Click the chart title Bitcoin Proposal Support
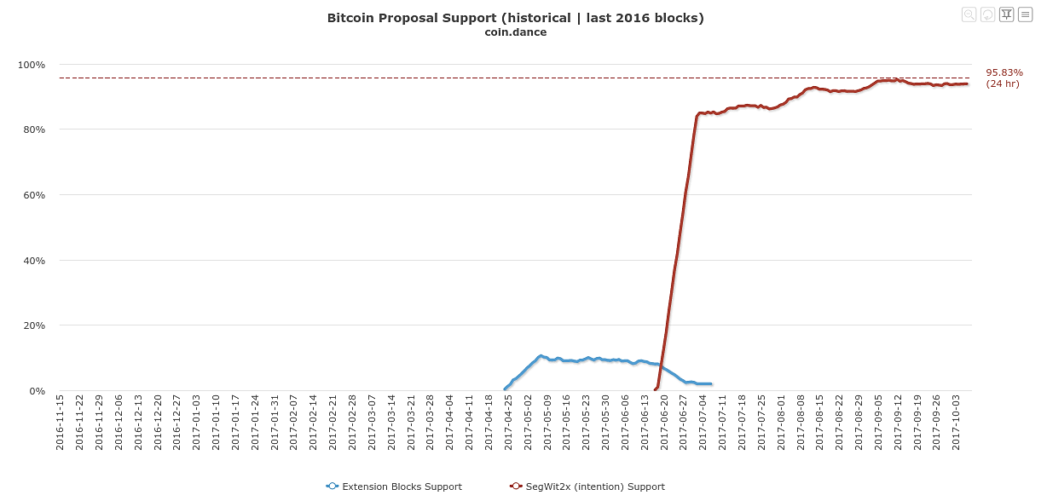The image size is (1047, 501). pyautogui.click(x=515, y=18)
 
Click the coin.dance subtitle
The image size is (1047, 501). pyautogui.click(x=515, y=32)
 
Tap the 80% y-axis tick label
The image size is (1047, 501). pyautogui.click(x=33, y=130)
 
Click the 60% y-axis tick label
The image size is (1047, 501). pyautogui.click(x=33, y=195)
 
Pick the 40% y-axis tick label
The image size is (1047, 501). pyautogui.click(x=33, y=261)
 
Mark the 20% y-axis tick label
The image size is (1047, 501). pyautogui.click(x=33, y=325)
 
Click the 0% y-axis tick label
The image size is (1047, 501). pyautogui.click(x=37, y=391)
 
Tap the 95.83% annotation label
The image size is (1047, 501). pyautogui.click(x=1004, y=73)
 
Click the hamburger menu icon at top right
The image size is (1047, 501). pyautogui.click(x=1026, y=14)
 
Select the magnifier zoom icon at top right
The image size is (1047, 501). pyautogui.click(x=969, y=14)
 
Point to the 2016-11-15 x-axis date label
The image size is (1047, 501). pyautogui.click(x=61, y=422)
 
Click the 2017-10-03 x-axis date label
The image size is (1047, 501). pyautogui.click(x=956, y=422)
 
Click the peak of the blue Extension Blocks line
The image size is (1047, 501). pyautogui.click(x=540, y=355)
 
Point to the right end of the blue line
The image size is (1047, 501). pyautogui.click(x=710, y=383)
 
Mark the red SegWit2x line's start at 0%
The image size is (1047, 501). pyautogui.click(x=655, y=389)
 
